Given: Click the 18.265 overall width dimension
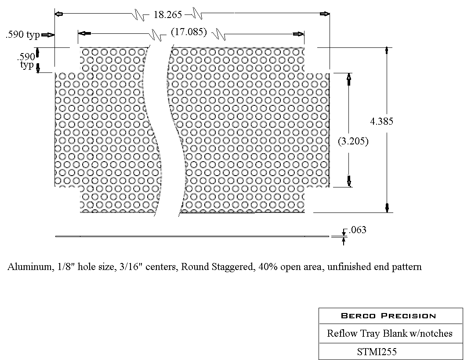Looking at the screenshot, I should point(167,14).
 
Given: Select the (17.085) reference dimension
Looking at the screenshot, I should point(189,32).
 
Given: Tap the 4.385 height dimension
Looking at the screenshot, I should point(381,122).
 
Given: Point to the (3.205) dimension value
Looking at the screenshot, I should point(353,141).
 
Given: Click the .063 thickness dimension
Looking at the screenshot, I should point(357,230).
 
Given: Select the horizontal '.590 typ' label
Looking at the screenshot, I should point(23,35).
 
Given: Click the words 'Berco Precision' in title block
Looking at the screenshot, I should point(388,316).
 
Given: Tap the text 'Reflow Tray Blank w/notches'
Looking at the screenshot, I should point(389,333).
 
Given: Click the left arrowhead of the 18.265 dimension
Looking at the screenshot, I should point(58,14).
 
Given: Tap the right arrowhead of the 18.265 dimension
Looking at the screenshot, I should point(325,14).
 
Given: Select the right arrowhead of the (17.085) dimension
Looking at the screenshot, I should point(299,34).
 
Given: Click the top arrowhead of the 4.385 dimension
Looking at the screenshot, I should point(387,50).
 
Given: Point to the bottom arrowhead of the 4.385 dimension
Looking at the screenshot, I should point(387,208).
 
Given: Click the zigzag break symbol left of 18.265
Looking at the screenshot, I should point(139,15).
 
